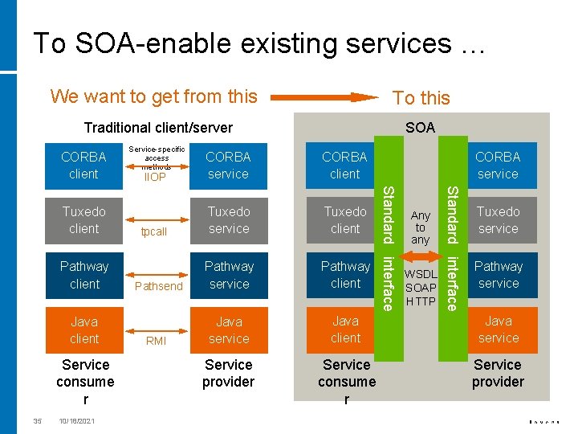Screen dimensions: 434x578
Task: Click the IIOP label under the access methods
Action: click(x=155, y=178)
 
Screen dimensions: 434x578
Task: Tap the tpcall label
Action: click(x=153, y=232)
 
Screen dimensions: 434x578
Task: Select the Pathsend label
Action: click(x=159, y=286)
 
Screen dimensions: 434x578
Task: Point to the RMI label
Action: click(x=156, y=341)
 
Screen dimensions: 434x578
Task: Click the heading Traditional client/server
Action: click(x=158, y=127)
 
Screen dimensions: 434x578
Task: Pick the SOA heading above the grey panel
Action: click(x=420, y=127)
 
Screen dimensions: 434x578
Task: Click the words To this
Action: click(x=421, y=98)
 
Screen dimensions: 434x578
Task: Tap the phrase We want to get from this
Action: click(x=153, y=96)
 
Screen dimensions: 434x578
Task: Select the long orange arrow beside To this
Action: click(x=324, y=98)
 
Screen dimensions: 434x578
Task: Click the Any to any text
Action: click(x=421, y=227)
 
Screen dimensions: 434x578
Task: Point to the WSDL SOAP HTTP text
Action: click(x=421, y=288)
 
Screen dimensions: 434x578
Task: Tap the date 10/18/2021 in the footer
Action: click(x=76, y=420)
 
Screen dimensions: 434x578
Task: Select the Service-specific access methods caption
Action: click(x=157, y=158)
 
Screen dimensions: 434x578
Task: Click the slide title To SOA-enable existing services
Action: click(x=259, y=43)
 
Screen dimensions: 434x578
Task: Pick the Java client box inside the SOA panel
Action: click(x=345, y=330)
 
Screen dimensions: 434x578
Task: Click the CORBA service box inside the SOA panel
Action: click(x=498, y=165)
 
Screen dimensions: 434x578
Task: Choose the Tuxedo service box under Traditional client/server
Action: click(x=229, y=219)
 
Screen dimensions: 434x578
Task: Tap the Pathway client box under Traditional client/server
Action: click(x=84, y=274)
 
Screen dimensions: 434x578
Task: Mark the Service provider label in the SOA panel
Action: click(x=498, y=373)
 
